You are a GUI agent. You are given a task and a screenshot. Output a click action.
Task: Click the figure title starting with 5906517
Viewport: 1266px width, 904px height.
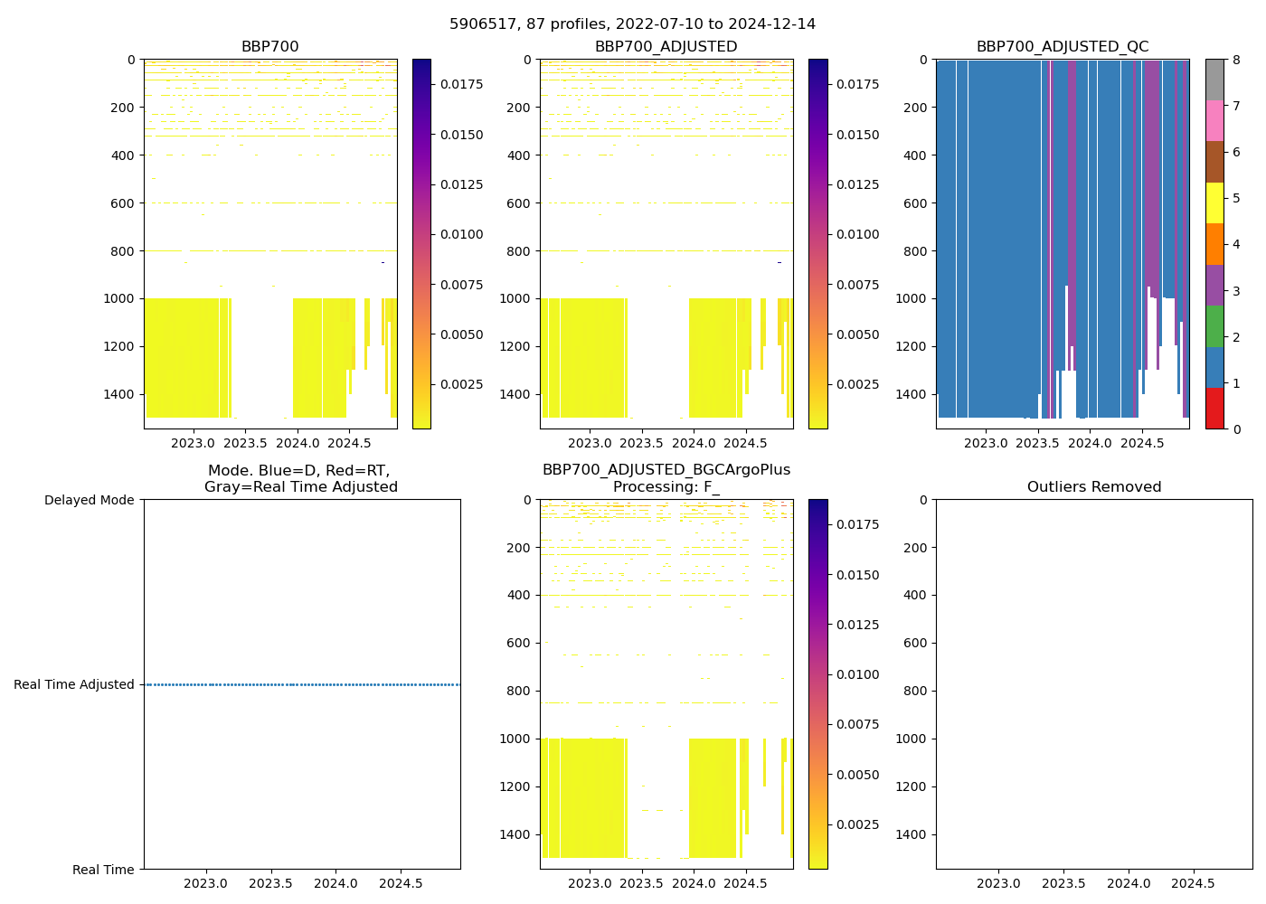tap(632, 24)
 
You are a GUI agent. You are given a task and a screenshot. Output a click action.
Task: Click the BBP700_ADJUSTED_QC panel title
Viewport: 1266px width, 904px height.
tap(1063, 47)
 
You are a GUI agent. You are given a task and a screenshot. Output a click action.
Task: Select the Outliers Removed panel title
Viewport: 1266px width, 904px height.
tap(1094, 487)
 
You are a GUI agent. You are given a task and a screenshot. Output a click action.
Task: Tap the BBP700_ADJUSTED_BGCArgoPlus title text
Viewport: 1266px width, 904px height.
tap(666, 470)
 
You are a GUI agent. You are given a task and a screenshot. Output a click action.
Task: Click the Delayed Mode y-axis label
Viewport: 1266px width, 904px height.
tap(89, 500)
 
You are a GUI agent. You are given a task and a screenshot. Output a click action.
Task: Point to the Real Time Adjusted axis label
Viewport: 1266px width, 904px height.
tap(74, 684)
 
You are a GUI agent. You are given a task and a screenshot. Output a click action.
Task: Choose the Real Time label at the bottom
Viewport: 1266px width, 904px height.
tap(103, 870)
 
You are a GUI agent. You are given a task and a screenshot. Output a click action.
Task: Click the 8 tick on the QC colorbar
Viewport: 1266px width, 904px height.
tap(1235, 60)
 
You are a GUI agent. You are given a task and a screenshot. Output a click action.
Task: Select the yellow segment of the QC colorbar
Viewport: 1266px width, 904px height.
tap(1214, 202)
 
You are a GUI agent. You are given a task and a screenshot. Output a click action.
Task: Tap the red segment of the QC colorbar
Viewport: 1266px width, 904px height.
tap(1214, 408)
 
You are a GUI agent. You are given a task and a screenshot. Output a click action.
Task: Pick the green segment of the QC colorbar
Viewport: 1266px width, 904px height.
tap(1214, 325)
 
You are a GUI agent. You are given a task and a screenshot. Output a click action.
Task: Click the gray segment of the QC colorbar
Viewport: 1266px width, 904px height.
tap(1214, 80)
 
